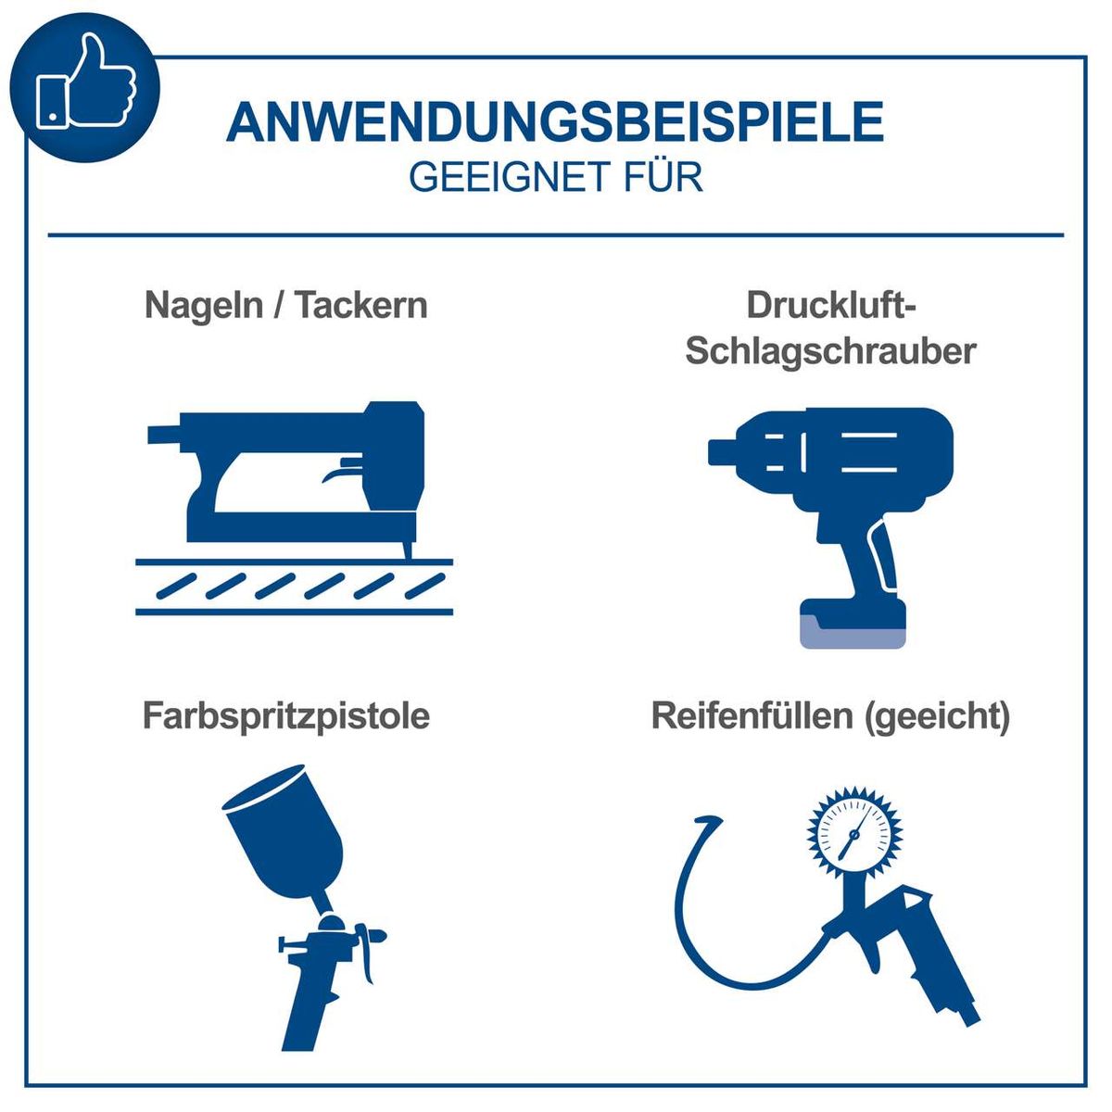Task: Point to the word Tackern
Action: [362, 305]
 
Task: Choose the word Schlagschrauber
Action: [830, 351]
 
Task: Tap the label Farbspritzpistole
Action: [286, 715]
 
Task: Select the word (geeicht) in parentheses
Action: [936, 716]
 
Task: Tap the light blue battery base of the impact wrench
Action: [852, 632]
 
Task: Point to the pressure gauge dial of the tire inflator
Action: [853, 830]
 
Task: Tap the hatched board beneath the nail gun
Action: [295, 586]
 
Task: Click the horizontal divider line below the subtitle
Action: [556, 235]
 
